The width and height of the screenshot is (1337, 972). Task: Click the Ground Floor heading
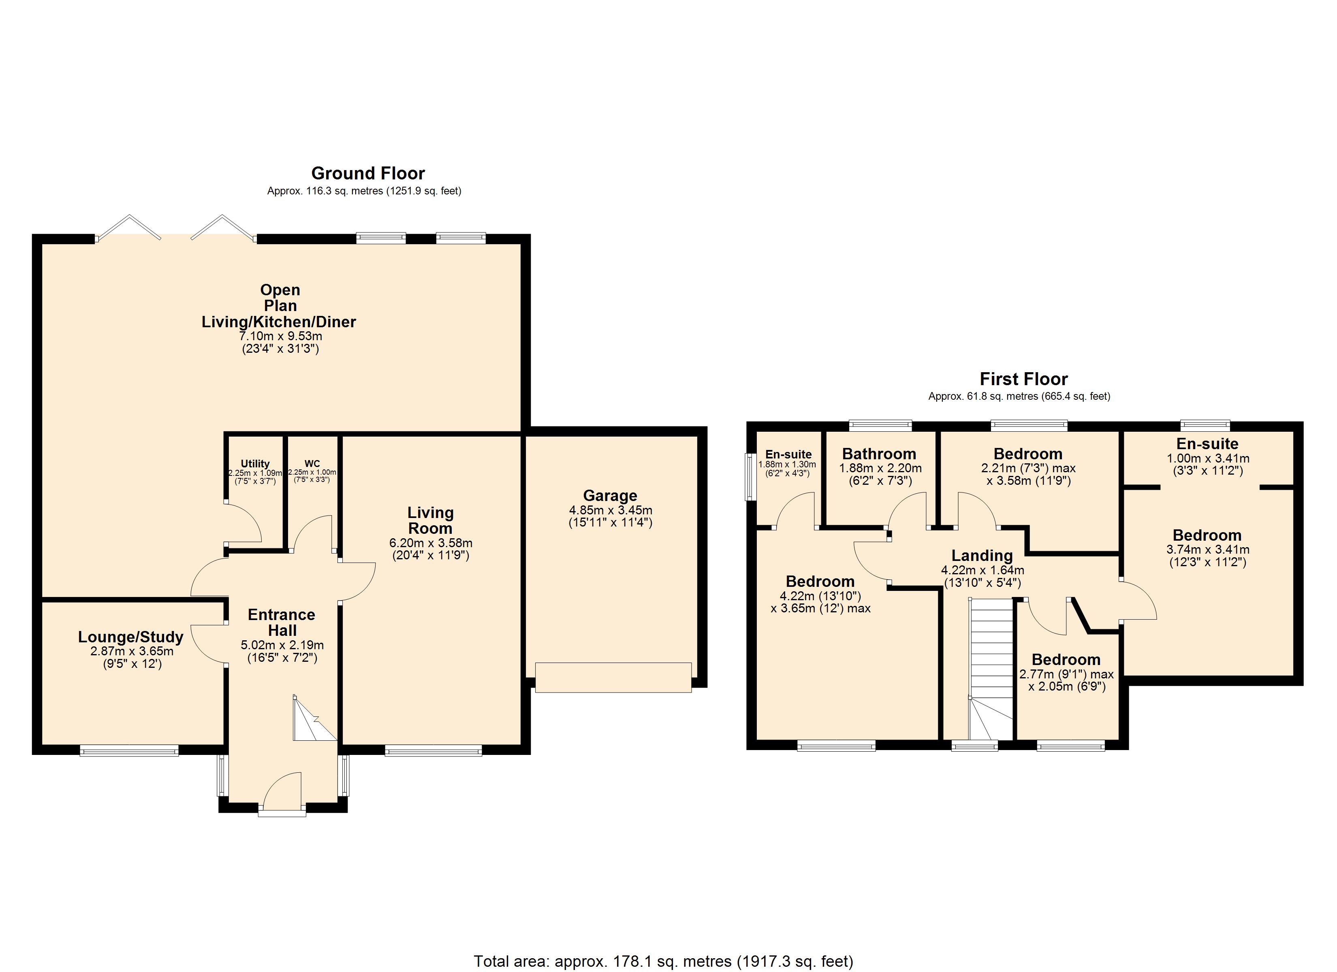(368, 173)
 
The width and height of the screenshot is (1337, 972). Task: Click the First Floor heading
(1023, 379)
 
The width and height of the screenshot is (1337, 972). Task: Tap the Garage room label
(610, 496)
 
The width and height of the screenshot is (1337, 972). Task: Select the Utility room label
(255, 464)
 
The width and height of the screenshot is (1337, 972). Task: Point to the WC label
(312, 463)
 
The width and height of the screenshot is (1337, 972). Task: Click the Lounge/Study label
(131, 637)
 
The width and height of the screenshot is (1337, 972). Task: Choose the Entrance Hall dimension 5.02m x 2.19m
(282, 645)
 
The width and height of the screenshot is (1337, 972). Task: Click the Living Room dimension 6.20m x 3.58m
(431, 543)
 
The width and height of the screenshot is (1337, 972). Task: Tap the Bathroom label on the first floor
(879, 454)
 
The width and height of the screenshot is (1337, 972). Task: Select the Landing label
(982, 556)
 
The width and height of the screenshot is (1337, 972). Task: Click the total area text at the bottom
(664, 961)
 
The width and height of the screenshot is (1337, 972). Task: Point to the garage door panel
(613, 677)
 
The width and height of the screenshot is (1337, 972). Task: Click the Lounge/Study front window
(129, 750)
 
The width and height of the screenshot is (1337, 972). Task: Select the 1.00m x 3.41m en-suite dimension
(1208, 458)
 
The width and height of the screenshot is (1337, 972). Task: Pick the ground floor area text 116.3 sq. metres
(364, 191)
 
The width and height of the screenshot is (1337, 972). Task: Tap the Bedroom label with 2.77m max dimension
(1066, 660)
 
